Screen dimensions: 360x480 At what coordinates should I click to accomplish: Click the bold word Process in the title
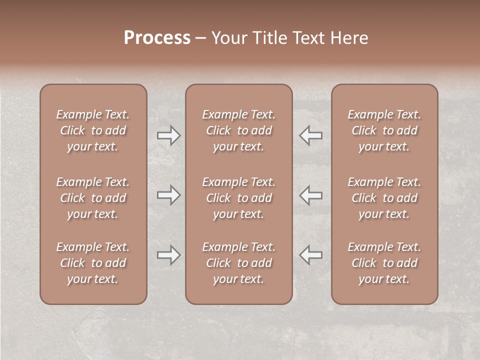[x=157, y=38]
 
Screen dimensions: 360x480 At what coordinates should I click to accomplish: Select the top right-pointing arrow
[x=168, y=135]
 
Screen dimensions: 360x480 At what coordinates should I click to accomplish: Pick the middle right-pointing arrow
[x=168, y=195]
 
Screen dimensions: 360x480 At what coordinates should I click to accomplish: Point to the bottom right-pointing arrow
[x=168, y=255]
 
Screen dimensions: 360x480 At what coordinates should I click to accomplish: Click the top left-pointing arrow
[x=311, y=135]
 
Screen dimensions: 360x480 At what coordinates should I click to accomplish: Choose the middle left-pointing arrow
[x=311, y=195]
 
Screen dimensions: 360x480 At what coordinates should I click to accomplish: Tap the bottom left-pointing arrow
[x=311, y=255]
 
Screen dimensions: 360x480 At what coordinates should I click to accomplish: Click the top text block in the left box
[x=93, y=130]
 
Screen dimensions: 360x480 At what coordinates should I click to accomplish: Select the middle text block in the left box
[x=93, y=198]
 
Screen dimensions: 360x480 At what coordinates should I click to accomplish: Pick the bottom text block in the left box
[x=93, y=263]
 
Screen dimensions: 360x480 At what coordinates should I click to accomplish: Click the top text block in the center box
[x=238, y=130]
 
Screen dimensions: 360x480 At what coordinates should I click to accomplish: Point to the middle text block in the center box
[x=238, y=198]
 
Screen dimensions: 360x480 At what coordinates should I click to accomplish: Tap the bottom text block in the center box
[x=238, y=263]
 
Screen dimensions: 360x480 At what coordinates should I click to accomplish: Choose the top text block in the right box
[x=384, y=130]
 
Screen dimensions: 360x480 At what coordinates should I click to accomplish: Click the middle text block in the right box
[x=384, y=198]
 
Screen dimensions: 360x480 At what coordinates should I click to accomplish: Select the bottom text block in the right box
[x=384, y=263]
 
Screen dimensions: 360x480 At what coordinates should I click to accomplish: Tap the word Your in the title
[x=228, y=38]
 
